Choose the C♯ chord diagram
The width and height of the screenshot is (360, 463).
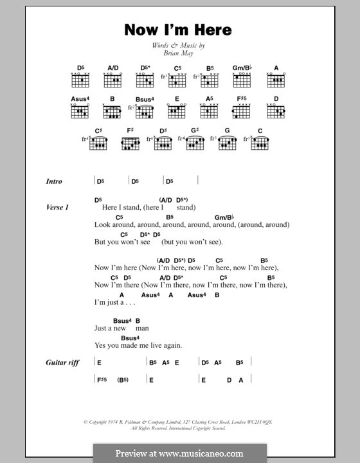(x=98, y=142)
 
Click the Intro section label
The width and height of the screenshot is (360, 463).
(x=54, y=181)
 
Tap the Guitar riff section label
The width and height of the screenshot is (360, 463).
(x=62, y=363)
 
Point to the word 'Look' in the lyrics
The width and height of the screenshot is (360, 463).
(x=103, y=225)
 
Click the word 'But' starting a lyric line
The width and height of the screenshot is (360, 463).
(x=100, y=242)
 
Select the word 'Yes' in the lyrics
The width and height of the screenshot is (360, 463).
(x=101, y=345)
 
